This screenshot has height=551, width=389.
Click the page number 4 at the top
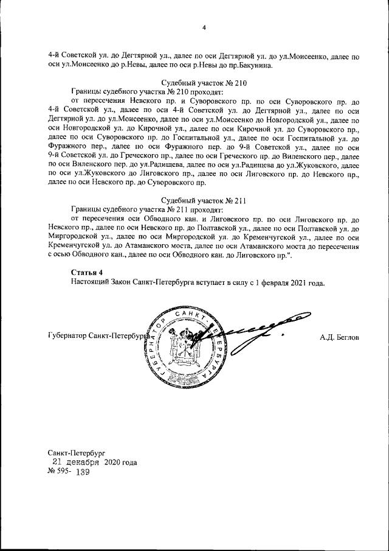(204, 27)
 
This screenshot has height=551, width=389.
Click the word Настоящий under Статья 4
(90, 283)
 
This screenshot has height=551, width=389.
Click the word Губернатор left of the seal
(66, 336)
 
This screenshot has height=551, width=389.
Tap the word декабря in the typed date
(83, 462)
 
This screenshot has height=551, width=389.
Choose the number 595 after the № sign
(64, 472)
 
